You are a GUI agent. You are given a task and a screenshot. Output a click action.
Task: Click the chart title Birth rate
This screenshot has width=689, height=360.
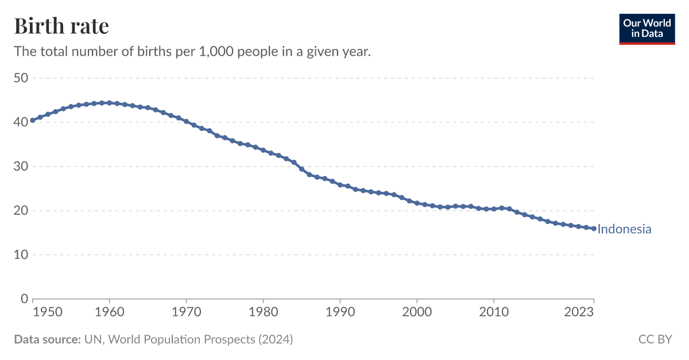click(x=61, y=26)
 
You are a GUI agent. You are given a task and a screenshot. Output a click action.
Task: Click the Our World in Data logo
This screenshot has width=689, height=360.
click(x=647, y=29)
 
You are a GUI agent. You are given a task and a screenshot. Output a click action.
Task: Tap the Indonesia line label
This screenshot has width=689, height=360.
click(x=624, y=229)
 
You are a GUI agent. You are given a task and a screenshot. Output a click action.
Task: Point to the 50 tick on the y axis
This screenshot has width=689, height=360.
click(x=21, y=78)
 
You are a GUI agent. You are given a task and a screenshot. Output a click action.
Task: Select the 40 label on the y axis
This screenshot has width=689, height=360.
click(x=21, y=122)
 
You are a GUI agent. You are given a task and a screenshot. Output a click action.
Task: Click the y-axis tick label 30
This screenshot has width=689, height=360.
click(x=21, y=166)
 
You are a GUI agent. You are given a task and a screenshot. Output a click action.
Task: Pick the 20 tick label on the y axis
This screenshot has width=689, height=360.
click(x=21, y=210)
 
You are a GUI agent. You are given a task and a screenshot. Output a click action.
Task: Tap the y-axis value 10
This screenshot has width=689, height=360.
click(x=21, y=254)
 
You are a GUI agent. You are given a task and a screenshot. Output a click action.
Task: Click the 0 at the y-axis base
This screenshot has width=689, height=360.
click(x=24, y=299)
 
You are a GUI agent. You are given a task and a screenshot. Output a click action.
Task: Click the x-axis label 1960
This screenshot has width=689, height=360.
click(x=109, y=312)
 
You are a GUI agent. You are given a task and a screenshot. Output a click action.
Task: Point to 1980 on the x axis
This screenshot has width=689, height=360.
click(x=263, y=312)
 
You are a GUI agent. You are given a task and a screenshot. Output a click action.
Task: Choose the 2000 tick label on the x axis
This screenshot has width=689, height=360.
click(x=417, y=312)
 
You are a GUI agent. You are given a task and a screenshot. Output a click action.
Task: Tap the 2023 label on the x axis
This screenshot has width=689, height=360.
click(x=579, y=312)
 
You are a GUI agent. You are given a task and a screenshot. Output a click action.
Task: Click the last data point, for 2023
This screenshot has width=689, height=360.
click(x=594, y=229)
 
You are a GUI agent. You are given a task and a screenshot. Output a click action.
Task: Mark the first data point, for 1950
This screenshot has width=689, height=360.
click(x=33, y=120)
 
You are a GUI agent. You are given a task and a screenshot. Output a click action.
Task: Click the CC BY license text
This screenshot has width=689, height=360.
click(x=655, y=339)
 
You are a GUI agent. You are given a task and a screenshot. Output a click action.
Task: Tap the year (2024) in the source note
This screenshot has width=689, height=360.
click(x=275, y=339)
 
